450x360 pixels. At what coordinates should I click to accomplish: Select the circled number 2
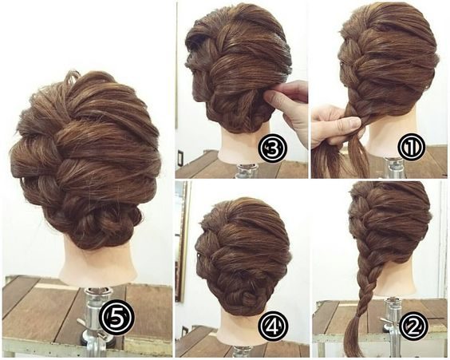413,326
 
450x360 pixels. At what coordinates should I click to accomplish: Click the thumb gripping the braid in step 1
345,123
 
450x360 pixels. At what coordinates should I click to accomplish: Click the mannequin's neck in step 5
97,260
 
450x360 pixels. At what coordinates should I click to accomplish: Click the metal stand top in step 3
247,171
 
